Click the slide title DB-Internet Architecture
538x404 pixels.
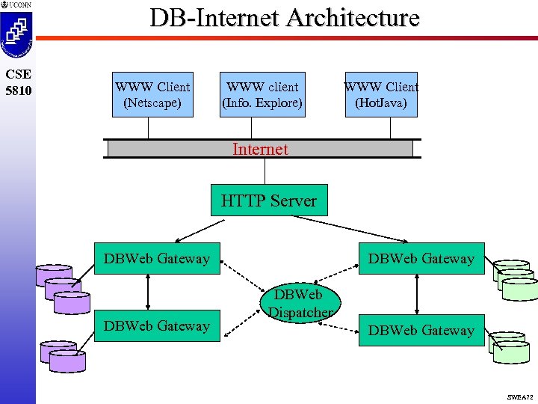(x=285, y=17)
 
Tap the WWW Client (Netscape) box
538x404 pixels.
(x=152, y=94)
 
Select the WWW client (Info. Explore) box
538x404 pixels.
(x=262, y=94)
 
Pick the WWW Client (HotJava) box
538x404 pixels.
(x=381, y=94)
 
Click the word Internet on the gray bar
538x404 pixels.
(x=260, y=149)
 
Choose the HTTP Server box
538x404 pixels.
(x=269, y=201)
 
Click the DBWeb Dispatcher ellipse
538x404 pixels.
(x=301, y=303)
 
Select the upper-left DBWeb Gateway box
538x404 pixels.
(x=157, y=259)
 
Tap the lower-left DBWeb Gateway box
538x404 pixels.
(x=157, y=326)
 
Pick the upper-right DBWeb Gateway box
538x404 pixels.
(x=421, y=259)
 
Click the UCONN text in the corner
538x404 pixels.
(x=20, y=5)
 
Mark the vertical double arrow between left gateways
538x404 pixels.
(x=150, y=292)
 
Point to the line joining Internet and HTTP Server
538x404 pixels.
(x=265, y=171)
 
